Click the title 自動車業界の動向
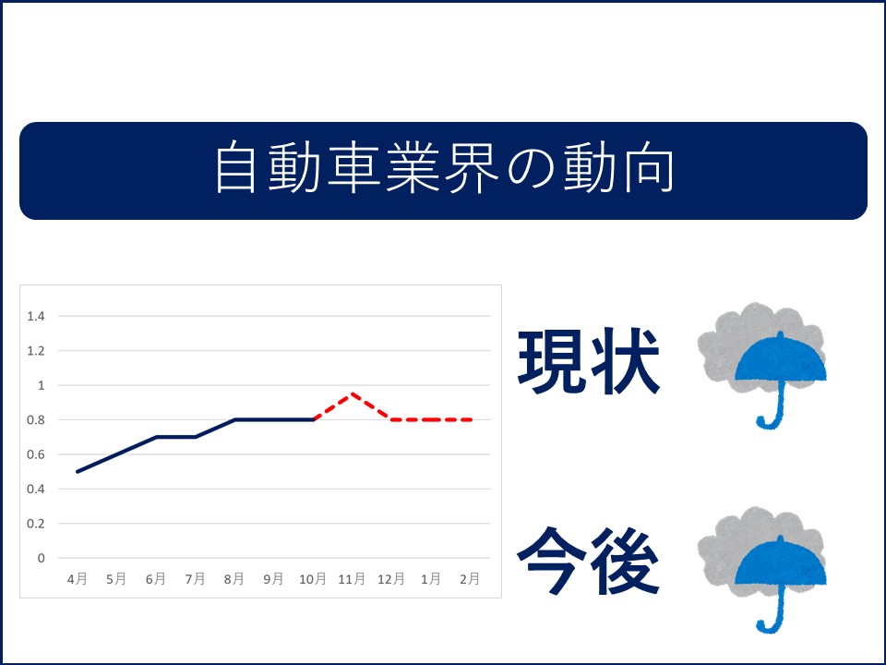pos(444,168)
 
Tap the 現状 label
pos(589,361)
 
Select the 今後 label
pos(588,561)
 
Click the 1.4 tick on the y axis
pos(36,316)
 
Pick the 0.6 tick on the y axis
pos(36,454)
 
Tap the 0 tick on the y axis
pos(41,558)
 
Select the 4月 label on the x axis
pos(78,579)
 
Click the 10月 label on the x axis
pos(313,579)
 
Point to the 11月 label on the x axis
pos(352,579)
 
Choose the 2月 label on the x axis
pos(470,579)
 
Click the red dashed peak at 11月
pos(352,393)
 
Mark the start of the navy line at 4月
pos(78,472)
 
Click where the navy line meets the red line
pos(313,419)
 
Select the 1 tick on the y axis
pos(41,385)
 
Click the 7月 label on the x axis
pos(195,579)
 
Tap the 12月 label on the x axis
pos(391,579)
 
